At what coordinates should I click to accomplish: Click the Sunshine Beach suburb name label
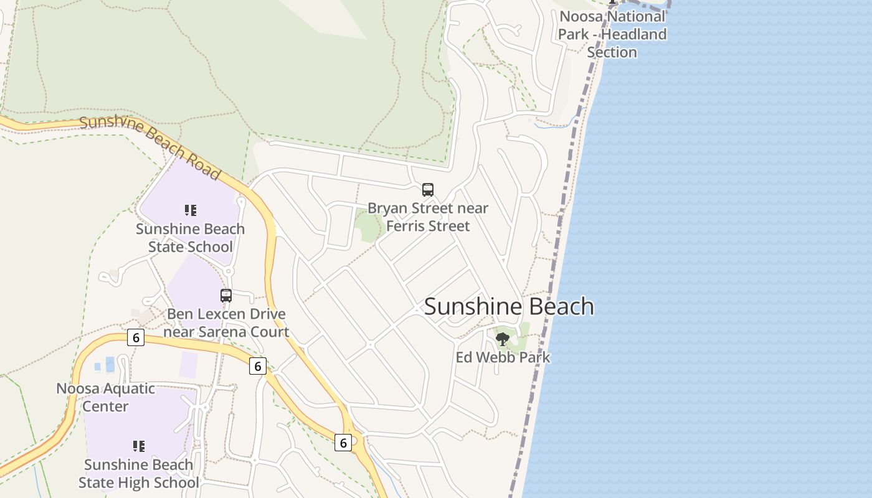coord(509,306)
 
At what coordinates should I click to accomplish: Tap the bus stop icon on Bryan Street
coord(427,190)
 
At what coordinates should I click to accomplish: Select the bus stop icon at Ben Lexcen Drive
coord(226,296)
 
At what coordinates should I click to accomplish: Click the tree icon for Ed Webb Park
coord(503,339)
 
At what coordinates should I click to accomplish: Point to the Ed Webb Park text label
coord(503,357)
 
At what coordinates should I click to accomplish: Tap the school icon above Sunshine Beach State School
coord(191,210)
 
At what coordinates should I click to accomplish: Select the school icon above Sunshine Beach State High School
coord(139,446)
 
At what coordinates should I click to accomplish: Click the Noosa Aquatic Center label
coord(106,397)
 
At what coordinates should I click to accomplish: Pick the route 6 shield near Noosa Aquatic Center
coord(135,337)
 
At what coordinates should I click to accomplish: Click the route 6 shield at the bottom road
coord(343,442)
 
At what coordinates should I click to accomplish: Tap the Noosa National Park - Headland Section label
coord(612,34)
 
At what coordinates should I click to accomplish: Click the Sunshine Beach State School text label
coord(191,238)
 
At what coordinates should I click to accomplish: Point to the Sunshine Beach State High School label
coord(139,474)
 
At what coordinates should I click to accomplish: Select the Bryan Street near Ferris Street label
coord(428,217)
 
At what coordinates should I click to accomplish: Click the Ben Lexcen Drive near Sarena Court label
coord(226,322)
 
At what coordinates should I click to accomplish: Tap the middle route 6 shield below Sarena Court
coord(257,366)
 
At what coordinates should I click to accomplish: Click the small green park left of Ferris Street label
coord(368,227)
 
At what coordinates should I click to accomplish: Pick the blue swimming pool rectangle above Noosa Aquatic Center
coord(110,364)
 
